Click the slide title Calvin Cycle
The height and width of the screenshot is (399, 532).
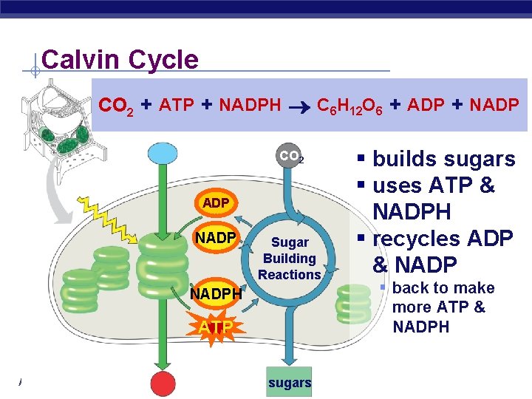[120, 59]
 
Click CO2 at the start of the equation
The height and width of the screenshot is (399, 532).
[116, 106]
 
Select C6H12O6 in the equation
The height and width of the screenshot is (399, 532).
[349, 106]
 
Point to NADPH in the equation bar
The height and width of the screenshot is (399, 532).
[250, 106]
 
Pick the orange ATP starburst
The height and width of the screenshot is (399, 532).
[214, 326]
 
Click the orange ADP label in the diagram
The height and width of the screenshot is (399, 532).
[215, 202]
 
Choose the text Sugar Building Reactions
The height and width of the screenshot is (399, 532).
[289, 259]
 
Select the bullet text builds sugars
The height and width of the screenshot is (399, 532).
[443, 159]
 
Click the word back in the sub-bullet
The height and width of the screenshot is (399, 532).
[410, 287]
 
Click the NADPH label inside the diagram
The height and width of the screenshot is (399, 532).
[216, 294]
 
